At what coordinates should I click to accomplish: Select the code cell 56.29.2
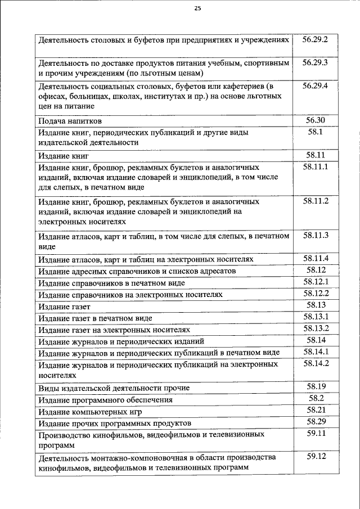315,40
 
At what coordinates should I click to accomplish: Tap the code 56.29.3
315,62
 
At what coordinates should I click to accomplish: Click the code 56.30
315,120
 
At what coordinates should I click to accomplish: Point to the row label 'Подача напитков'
70,121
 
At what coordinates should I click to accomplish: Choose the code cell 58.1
315,132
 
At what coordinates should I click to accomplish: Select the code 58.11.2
315,201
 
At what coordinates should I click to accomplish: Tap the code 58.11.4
315,259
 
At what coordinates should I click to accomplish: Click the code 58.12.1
315,282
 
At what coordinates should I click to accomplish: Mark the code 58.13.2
315,328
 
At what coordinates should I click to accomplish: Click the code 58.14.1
315,352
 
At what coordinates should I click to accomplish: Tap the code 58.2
315,398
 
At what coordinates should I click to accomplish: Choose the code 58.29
315,422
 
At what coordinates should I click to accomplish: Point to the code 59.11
315,434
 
